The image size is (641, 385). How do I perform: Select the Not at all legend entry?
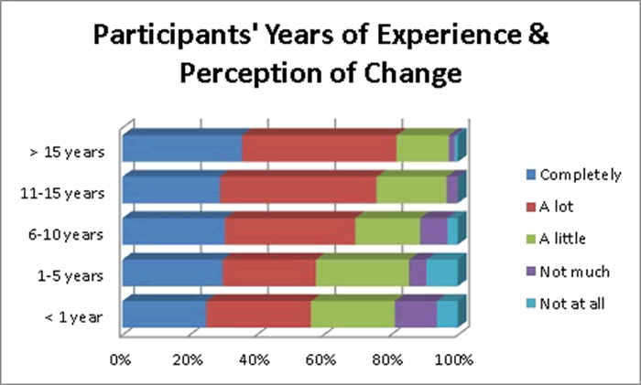click(571, 304)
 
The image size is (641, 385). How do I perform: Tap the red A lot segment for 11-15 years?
click(298, 189)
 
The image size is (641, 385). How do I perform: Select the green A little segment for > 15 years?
click(422, 147)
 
